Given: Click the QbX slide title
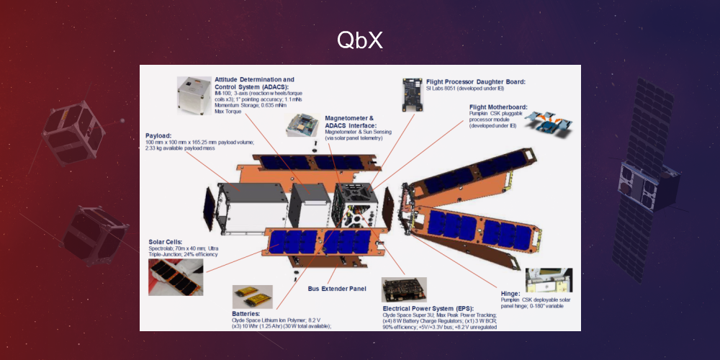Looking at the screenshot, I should (359, 41).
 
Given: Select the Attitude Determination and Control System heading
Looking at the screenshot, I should (254, 83).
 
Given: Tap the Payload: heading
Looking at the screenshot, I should (160, 135).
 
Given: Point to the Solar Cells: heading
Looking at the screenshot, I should (165, 242).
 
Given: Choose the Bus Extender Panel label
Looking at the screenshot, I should (337, 289).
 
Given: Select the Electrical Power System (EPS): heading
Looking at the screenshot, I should (433, 307).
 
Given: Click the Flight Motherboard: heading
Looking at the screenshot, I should (498, 107).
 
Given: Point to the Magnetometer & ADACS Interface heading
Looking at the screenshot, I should (349, 122).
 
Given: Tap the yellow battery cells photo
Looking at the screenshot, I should (252, 296).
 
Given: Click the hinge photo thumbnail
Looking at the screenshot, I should (549, 280).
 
